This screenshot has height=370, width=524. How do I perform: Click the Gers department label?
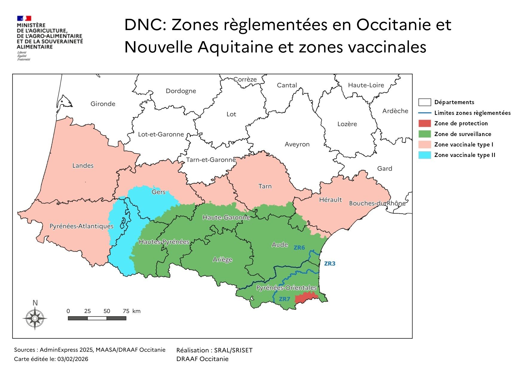tap(158, 192)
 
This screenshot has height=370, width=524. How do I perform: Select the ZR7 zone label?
tap(284, 299)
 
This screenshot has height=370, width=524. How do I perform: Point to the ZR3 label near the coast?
tap(330, 263)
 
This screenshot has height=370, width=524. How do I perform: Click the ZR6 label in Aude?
tap(299, 247)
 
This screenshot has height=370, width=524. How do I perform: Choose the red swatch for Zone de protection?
tap(424, 123)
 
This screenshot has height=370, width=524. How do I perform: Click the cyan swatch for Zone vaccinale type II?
tap(424, 155)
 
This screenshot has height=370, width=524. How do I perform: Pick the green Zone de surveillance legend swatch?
tap(424, 134)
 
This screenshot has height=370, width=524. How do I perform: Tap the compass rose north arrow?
tap(35, 318)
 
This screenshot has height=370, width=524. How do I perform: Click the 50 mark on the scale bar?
tap(107, 311)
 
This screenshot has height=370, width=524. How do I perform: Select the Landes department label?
tap(83, 166)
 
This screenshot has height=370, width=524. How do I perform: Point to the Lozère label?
tap(347, 124)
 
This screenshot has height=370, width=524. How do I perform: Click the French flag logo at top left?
tap(24, 18)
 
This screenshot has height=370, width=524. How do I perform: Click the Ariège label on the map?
tap(222, 260)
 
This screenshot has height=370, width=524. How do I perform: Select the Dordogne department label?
tap(181, 91)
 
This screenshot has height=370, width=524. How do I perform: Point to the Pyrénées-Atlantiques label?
tap(81, 226)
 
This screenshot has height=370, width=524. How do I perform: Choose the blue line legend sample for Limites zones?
tap(424, 113)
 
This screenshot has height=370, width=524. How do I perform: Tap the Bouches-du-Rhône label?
tap(377, 203)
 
